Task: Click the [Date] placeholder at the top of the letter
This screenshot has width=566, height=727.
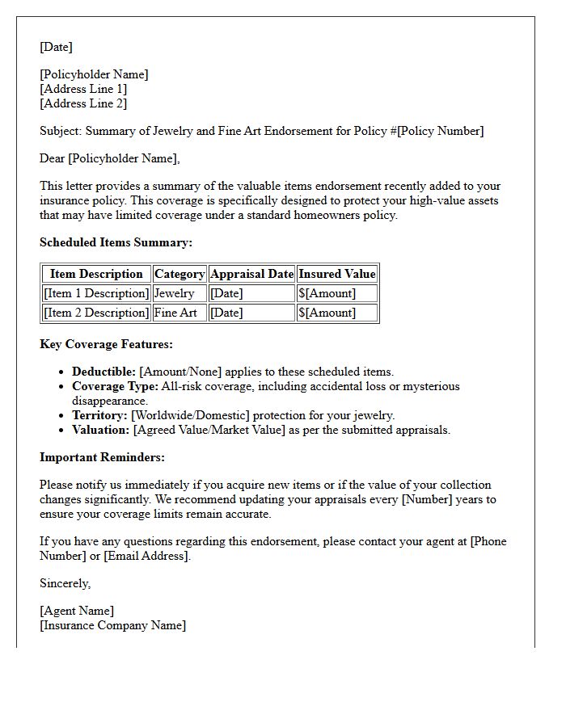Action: coord(56,47)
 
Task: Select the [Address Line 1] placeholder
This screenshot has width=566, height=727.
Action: coord(83,89)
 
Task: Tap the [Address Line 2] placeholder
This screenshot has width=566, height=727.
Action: coord(83,103)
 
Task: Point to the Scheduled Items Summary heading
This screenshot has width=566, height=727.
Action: coord(116,242)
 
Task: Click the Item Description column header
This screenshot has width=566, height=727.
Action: coord(96,274)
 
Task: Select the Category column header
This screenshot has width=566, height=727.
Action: coord(180,274)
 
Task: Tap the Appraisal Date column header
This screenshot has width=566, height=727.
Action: coord(251,274)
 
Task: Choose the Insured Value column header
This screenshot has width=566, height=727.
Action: coord(337,274)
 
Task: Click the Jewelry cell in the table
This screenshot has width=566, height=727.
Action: coord(174,293)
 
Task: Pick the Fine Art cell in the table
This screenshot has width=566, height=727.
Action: coord(175,313)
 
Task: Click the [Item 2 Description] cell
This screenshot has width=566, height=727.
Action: coord(96,313)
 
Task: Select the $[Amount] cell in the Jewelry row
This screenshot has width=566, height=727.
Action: coord(327,293)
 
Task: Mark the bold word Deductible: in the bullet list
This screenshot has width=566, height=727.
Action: coord(103,372)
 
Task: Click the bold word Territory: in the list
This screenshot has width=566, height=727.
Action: coord(99,415)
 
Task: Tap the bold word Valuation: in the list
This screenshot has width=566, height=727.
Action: coord(100,430)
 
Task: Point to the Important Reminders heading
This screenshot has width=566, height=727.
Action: coord(102,457)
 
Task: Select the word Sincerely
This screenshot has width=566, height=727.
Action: coord(65,583)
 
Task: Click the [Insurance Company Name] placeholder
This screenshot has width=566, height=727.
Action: coord(112,625)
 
